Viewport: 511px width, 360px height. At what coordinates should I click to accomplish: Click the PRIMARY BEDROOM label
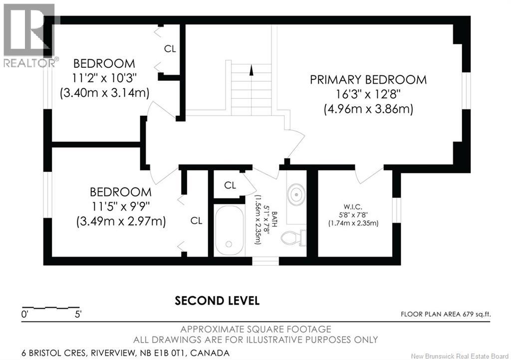[x=368, y=80]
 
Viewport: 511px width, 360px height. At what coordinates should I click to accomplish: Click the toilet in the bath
[x=293, y=238]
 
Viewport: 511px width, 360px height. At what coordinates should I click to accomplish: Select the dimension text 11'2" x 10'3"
[x=104, y=78]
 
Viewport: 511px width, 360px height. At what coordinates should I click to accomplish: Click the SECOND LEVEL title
[x=217, y=301]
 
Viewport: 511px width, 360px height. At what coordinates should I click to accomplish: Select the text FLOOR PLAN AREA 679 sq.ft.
[x=446, y=314]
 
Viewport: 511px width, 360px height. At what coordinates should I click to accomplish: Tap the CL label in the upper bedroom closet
[x=170, y=49]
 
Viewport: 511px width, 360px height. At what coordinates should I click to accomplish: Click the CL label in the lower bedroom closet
[x=197, y=220]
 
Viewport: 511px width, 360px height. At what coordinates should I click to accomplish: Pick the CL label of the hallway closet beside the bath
[x=230, y=185]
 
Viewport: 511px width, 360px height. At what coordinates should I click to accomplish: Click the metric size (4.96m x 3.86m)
[x=368, y=109]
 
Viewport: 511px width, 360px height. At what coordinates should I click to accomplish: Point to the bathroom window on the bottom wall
[x=265, y=261]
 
